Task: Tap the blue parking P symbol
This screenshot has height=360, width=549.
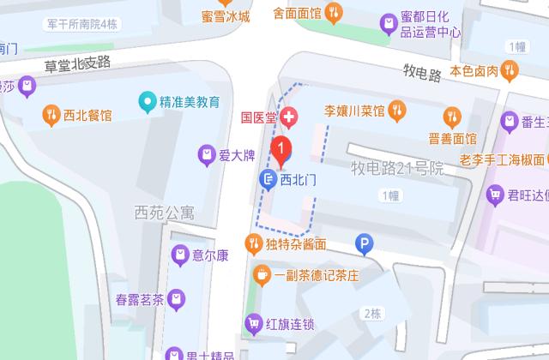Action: click(x=365, y=245)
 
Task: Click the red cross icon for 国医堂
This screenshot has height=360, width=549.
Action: click(x=291, y=117)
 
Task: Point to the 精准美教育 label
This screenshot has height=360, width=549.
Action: click(x=190, y=102)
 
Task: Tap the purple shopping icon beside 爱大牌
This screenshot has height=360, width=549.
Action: click(x=206, y=155)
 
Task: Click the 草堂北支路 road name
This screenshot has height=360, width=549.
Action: click(x=78, y=61)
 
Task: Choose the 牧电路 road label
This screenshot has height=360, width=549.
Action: click(x=421, y=72)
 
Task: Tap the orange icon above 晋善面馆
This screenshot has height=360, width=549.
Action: click(x=450, y=116)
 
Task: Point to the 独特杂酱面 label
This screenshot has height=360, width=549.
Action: click(x=296, y=244)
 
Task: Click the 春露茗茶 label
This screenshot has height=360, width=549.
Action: click(x=139, y=299)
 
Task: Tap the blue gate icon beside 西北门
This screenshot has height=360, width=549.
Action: click(x=267, y=178)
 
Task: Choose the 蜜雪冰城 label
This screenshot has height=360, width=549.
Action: click(x=226, y=16)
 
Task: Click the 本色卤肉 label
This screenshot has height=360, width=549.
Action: click(x=474, y=70)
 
